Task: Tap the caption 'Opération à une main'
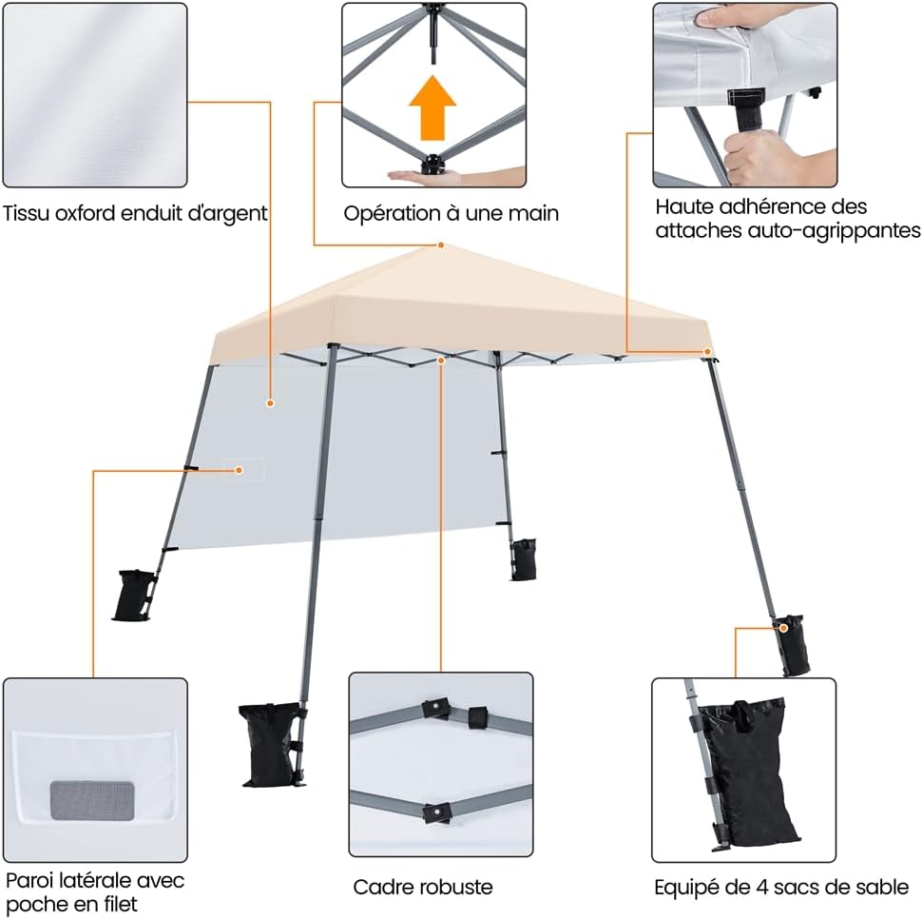point(451,214)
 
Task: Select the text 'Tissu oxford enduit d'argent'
point(135,214)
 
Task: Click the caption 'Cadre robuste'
point(423,887)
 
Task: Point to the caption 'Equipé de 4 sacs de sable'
point(780,887)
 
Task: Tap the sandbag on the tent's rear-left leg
point(136,595)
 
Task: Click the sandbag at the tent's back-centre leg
point(522,558)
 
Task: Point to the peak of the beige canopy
point(441,245)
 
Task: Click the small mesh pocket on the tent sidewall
point(244,469)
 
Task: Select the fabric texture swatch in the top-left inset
point(94,95)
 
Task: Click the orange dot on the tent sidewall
point(270,403)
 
